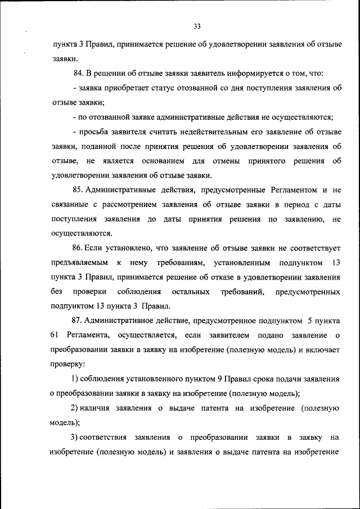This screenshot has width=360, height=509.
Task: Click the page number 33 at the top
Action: pos(196,26)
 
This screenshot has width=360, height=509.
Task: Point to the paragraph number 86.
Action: pos(78,248)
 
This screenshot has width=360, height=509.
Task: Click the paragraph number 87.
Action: pos(78,321)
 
